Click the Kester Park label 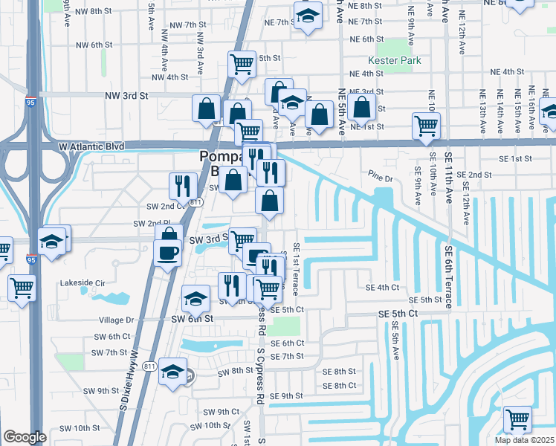tap(394, 61)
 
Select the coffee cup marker tap(167, 251)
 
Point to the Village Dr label tap(115, 320)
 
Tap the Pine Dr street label tap(380, 178)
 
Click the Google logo tap(25, 437)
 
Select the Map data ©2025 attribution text tap(525, 440)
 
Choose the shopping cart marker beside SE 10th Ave tap(426, 126)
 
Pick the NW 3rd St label tap(126, 96)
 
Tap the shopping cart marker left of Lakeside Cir tap(22, 287)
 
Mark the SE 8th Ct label tap(340, 385)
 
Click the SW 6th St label tap(195, 318)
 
